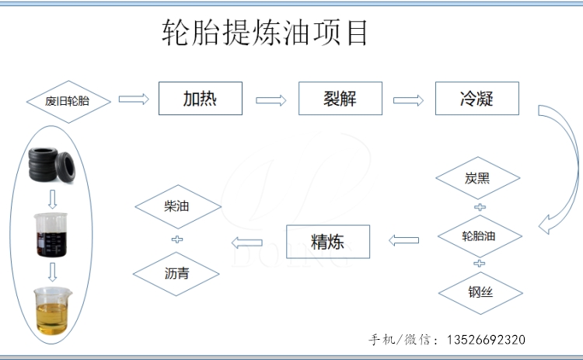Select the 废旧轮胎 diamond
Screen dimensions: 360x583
[x=68, y=101]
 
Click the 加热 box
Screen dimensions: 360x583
[x=200, y=99]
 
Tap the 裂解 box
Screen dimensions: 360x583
[x=340, y=99]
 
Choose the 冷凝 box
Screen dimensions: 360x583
[x=477, y=99]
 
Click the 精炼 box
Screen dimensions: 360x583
[x=327, y=241]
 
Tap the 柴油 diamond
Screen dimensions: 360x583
[x=177, y=207]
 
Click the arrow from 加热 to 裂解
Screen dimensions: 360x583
[x=271, y=100]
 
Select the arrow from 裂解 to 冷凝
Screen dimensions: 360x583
[x=408, y=100]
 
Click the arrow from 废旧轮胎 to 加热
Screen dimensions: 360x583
[x=133, y=99]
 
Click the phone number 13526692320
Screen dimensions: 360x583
[x=485, y=340]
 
